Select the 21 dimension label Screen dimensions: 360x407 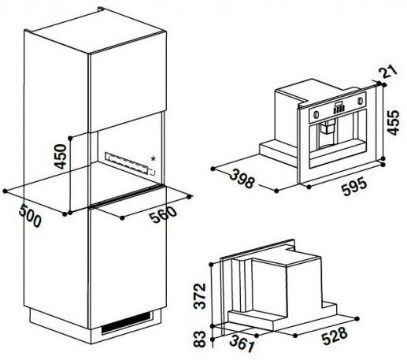point(386,73)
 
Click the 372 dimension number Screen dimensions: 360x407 point(201,295)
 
